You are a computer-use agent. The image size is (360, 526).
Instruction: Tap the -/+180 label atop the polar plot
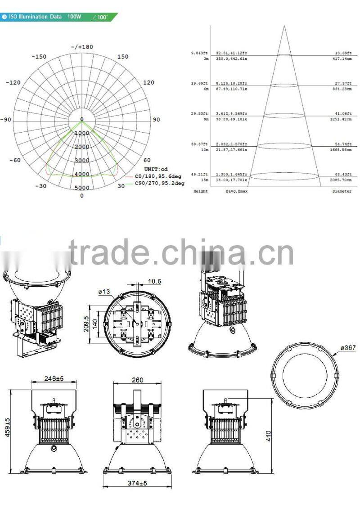(x=81, y=47)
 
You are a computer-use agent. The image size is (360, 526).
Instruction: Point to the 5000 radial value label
(x=81, y=188)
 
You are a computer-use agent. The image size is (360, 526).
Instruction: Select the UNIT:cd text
(x=156, y=169)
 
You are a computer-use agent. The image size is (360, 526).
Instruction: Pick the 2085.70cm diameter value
(x=340, y=180)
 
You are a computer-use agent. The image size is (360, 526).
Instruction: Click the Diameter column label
(x=342, y=191)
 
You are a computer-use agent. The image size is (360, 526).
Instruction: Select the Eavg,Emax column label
(x=236, y=191)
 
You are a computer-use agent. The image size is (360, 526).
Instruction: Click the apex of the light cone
(x=284, y=26)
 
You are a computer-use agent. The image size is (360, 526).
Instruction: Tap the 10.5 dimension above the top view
(x=154, y=281)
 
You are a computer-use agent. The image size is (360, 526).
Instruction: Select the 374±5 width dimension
(x=137, y=483)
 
